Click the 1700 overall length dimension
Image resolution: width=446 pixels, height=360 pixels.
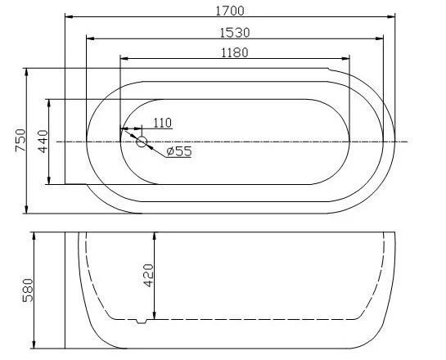pos(228,11)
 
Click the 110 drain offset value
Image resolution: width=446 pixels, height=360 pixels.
pos(161,123)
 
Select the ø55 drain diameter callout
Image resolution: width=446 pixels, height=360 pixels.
pos(178,151)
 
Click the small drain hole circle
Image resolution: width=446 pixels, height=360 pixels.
pos(141,142)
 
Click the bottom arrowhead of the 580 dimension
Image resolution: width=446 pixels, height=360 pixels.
pos(34,344)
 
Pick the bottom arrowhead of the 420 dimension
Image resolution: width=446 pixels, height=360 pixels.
pos(155,314)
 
